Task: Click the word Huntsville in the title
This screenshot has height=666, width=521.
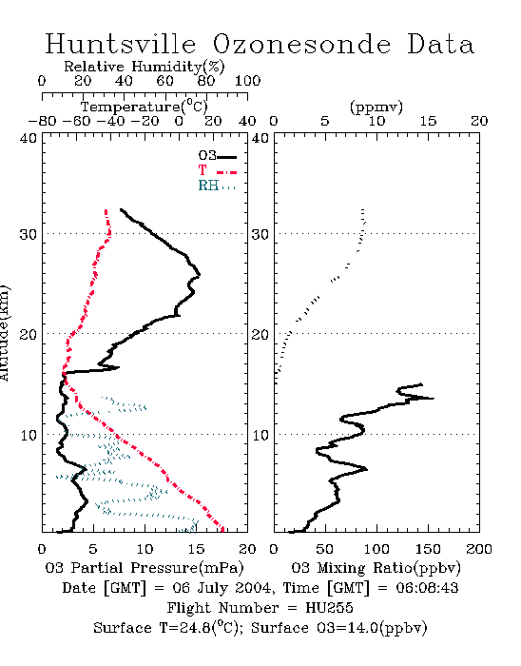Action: click(121, 44)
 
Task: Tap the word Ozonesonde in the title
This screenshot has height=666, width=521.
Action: click(301, 44)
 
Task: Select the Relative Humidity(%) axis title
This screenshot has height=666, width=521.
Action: click(145, 67)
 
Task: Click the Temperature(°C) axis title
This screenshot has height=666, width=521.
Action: click(145, 107)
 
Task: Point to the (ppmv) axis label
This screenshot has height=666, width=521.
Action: click(376, 108)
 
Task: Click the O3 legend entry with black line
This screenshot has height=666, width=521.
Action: click(217, 156)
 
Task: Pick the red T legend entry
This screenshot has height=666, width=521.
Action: click(217, 170)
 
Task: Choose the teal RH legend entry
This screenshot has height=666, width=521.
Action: click(217, 186)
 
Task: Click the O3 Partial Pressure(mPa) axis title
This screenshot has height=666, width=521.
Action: click(145, 568)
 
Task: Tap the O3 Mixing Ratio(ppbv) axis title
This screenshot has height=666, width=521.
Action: click(376, 568)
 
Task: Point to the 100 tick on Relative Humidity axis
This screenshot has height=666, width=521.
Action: click(247, 81)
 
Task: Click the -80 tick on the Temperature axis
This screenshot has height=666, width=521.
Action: click(42, 121)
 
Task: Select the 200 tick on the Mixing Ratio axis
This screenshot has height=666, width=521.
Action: click(479, 549)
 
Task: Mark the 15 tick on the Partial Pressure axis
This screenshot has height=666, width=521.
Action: click(196, 549)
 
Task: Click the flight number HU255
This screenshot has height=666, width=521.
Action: click(329, 608)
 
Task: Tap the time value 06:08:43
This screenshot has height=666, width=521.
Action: click(427, 588)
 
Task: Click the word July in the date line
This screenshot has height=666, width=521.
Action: click(213, 589)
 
